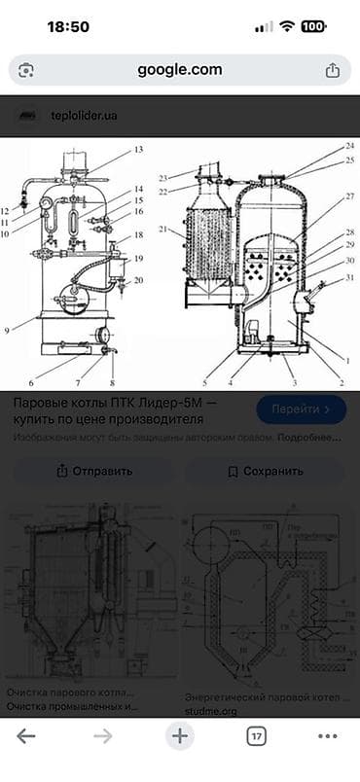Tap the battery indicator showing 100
(x=314, y=27)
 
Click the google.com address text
(x=179, y=70)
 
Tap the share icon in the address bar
(x=332, y=70)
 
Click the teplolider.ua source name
(x=84, y=116)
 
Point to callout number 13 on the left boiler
(x=138, y=150)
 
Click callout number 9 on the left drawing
(x=7, y=331)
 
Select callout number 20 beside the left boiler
(x=138, y=280)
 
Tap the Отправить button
(x=93, y=472)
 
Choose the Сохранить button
(x=265, y=472)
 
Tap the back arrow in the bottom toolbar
(x=26, y=736)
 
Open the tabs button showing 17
(x=256, y=736)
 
